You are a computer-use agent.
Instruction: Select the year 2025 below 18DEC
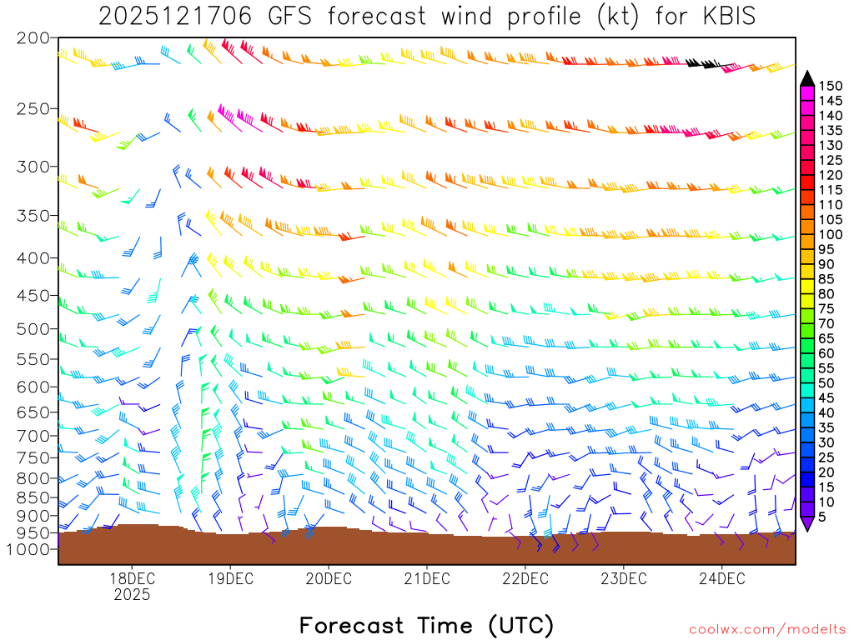(132, 595)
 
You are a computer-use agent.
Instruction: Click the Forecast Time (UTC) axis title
(426, 625)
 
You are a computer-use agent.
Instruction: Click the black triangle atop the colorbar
(807, 77)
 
